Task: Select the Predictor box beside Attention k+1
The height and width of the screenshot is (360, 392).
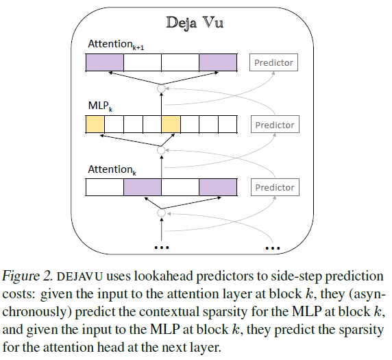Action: tap(273, 63)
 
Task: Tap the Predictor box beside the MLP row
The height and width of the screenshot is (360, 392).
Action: tap(273, 125)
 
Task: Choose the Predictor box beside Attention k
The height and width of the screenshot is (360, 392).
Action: tap(273, 187)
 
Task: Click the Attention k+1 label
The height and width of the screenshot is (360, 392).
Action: tap(116, 45)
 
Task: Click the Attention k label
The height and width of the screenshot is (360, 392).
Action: tap(112, 169)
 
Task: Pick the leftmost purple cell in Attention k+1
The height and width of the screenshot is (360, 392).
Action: tap(104, 63)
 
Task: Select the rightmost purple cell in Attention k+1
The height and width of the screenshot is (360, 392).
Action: tap(218, 63)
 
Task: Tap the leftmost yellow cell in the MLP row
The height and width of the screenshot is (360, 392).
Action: tap(95, 125)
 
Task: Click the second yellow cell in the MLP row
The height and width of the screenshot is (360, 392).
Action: tap(171, 125)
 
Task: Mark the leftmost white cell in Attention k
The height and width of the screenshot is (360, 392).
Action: tap(104, 187)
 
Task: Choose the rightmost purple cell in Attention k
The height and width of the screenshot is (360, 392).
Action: tap(218, 187)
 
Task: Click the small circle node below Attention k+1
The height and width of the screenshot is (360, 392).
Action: tap(162, 88)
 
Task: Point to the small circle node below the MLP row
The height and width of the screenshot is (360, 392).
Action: tap(162, 149)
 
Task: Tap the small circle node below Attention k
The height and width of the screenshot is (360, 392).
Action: tap(162, 213)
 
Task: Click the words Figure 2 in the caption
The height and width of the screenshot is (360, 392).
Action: tap(29, 276)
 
